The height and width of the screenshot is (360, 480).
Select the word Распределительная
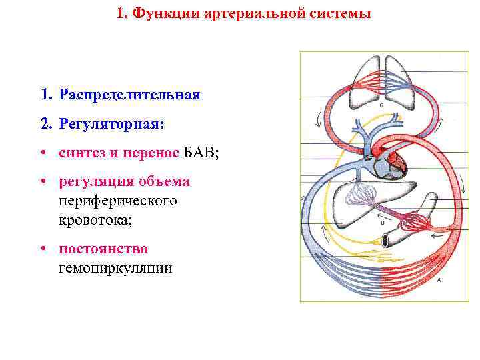(129, 95)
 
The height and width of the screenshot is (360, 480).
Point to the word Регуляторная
(110, 124)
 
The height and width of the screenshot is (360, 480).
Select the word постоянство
(103, 249)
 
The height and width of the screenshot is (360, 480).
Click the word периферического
(118, 200)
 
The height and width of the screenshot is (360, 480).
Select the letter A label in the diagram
(438, 281)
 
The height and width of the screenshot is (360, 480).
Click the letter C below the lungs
(381, 105)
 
